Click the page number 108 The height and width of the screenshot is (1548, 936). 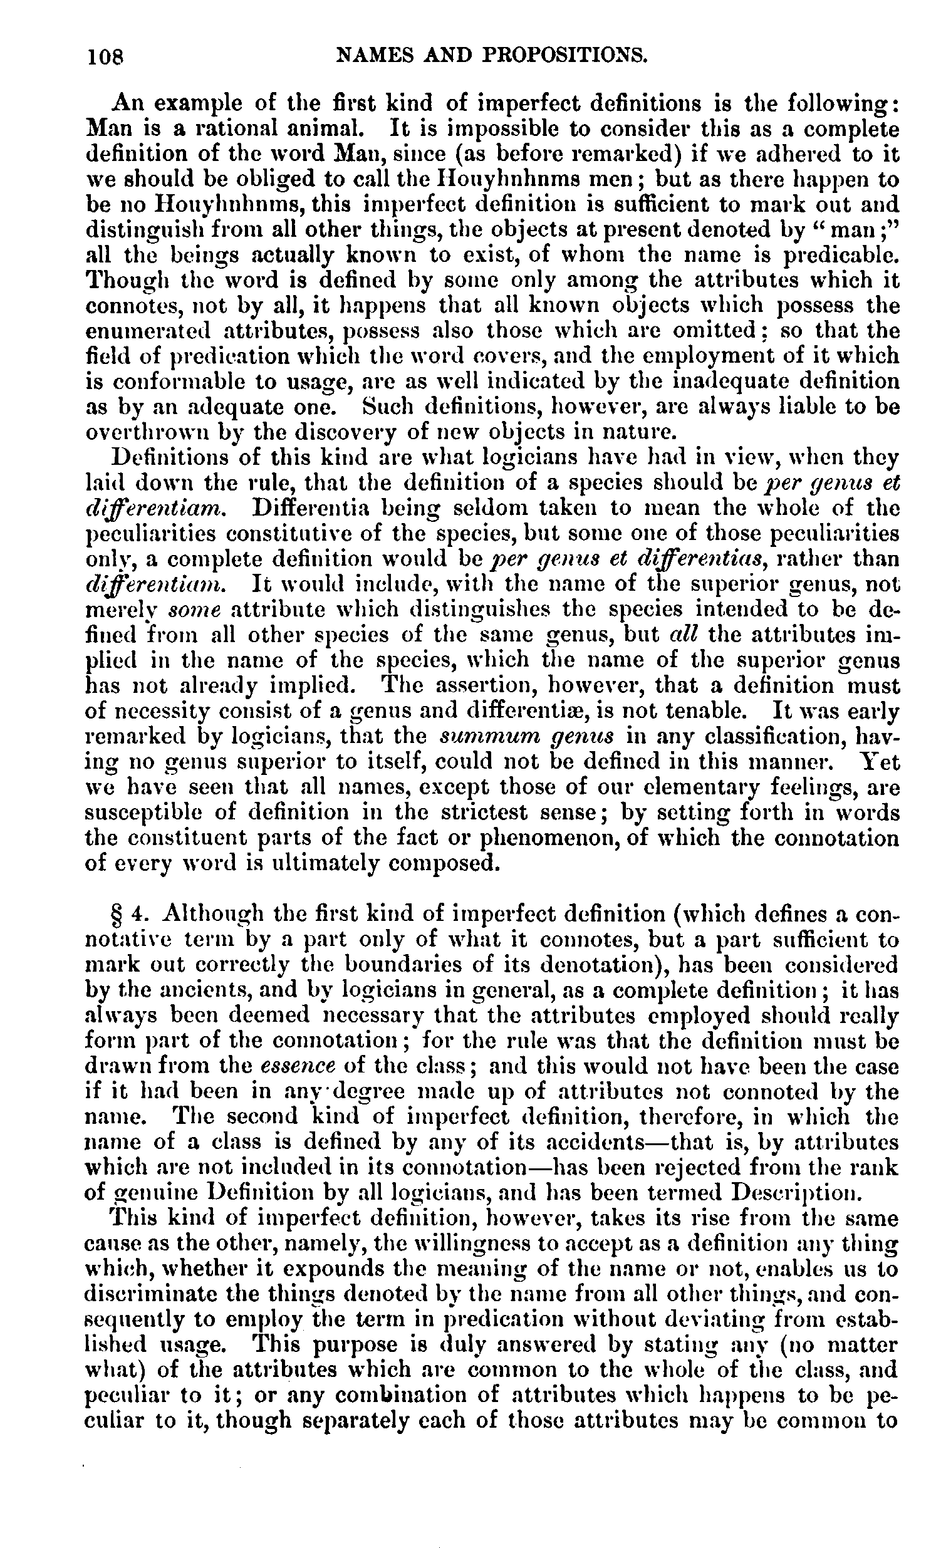pos(107,57)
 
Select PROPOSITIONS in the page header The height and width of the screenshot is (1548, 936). pos(560,56)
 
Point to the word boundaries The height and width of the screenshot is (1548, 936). pos(397,965)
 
